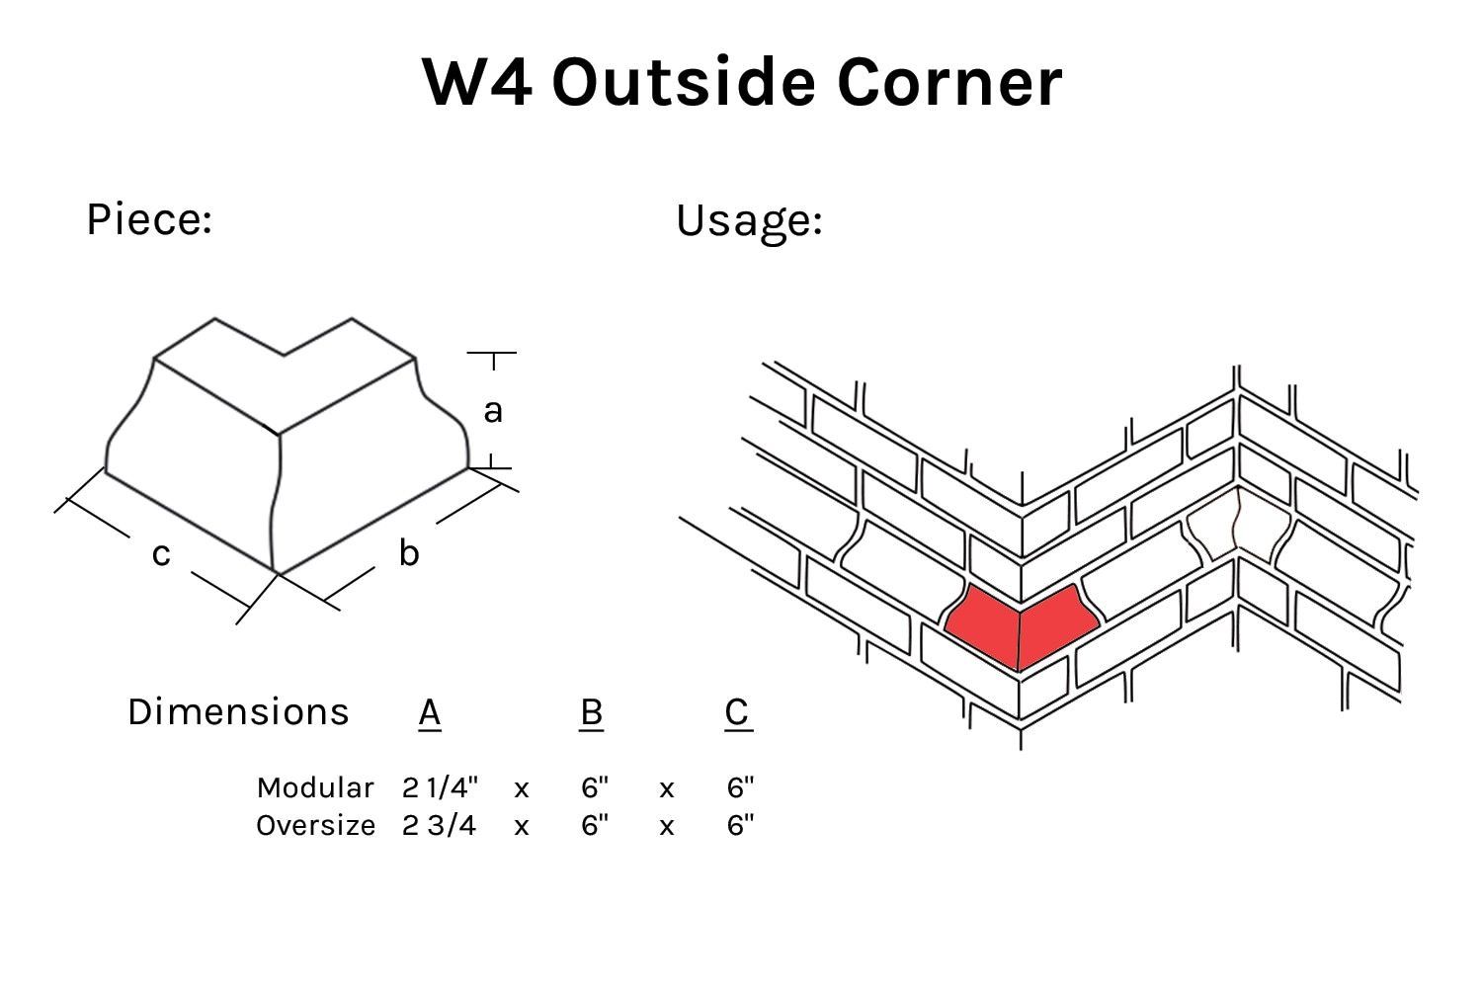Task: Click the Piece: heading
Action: (x=149, y=218)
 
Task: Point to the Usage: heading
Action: (x=749, y=219)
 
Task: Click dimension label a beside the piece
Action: (x=492, y=410)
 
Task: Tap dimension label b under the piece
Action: (x=408, y=553)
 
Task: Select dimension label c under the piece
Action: (x=161, y=554)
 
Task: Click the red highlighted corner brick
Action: (x=1020, y=626)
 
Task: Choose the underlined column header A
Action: (x=429, y=711)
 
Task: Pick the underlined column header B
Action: (x=591, y=711)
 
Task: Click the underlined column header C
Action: (x=737, y=711)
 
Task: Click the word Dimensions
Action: (x=238, y=711)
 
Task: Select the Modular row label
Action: (x=315, y=787)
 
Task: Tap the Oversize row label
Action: (x=315, y=825)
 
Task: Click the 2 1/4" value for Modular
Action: (x=440, y=787)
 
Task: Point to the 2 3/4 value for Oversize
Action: (x=439, y=825)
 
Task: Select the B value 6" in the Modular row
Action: (x=595, y=787)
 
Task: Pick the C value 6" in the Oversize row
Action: (x=740, y=825)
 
